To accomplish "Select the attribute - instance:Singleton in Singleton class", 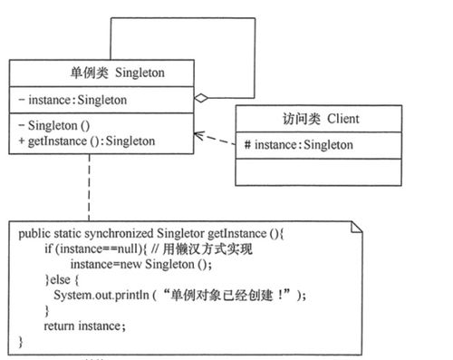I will pos(72,99).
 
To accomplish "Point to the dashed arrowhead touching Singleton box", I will pos(197,137).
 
